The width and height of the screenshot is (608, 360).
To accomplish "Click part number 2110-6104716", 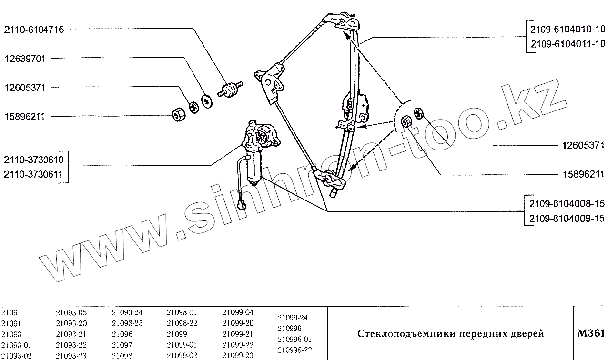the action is (x=34, y=30).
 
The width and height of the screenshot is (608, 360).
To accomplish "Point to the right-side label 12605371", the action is (x=581, y=145).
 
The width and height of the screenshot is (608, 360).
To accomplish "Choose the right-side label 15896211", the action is (x=581, y=174).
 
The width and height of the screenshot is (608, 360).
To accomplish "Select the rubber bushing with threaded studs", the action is (x=231, y=90).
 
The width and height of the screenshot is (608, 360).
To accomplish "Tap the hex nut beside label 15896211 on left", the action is (x=178, y=114).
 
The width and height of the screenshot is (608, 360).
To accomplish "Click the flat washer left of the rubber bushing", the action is (x=207, y=101).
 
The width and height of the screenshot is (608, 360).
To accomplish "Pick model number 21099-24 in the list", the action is (x=293, y=317).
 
